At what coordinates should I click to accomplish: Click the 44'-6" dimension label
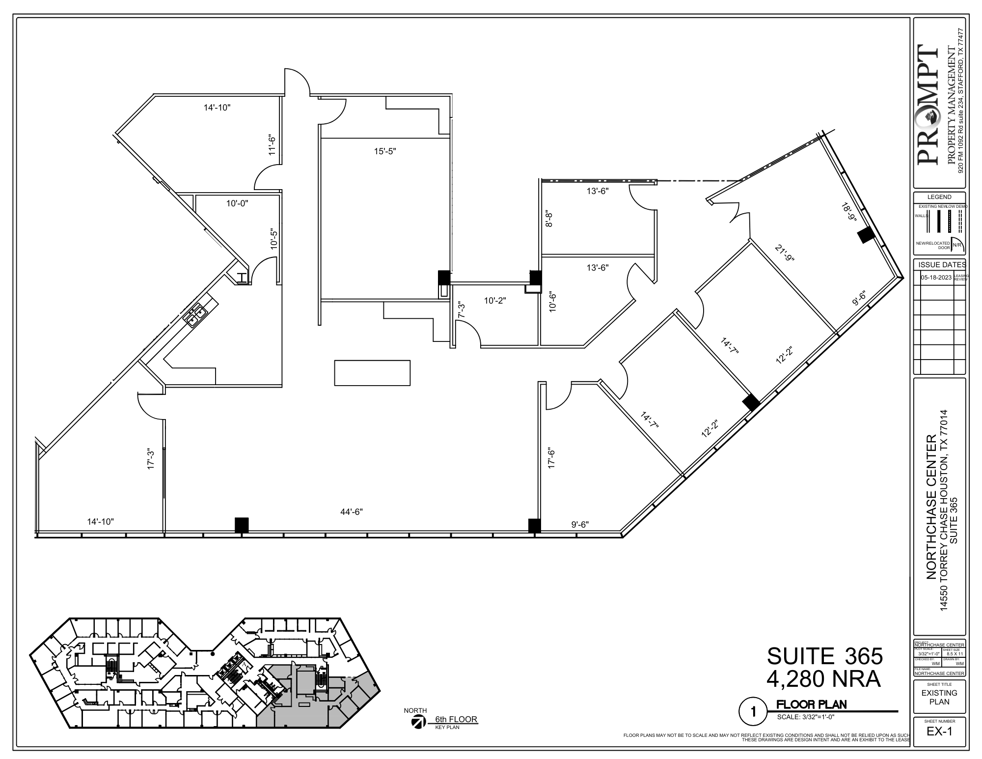[x=352, y=512]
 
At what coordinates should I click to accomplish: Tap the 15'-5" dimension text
[x=385, y=151]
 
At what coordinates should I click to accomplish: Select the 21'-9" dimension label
[x=785, y=253]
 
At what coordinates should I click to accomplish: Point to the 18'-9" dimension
[x=847, y=213]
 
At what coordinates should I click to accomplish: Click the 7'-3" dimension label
[x=461, y=310]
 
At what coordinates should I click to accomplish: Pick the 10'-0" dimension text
[x=237, y=203]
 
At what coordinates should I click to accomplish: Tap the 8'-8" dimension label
[x=549, y=219]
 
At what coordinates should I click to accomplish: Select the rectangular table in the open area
[x=372, y=373]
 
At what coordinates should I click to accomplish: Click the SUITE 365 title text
[x=825, y=656]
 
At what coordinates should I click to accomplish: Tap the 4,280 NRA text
[x=823, y=679]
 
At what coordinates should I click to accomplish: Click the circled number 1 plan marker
[x=753, y=711]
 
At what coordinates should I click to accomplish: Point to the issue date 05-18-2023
[x=936, y=277]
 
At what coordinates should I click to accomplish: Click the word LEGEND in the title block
[x=939, y=197]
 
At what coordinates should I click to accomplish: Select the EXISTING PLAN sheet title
[x=939, y=697]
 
